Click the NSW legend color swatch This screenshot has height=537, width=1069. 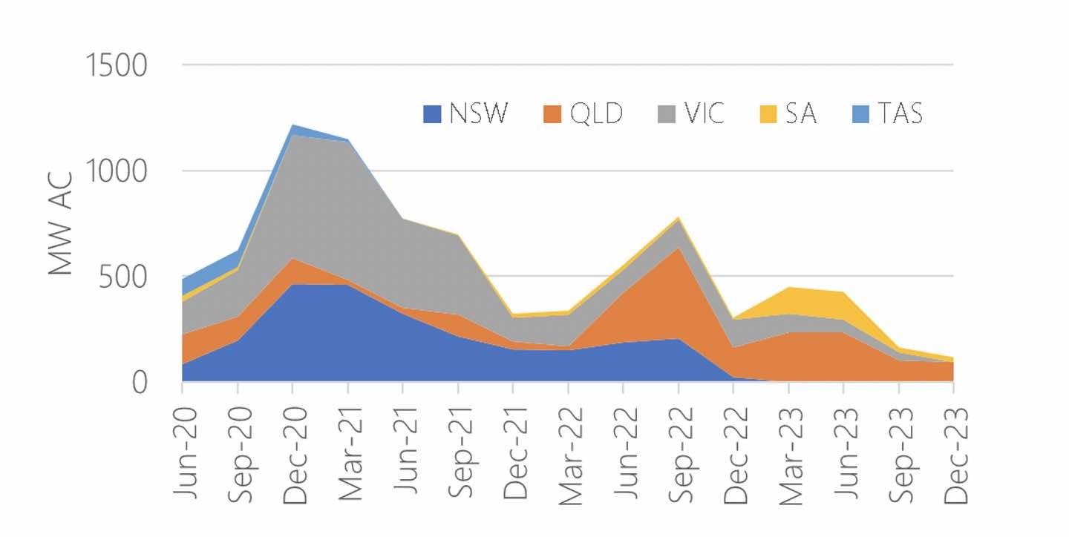coord(433,114)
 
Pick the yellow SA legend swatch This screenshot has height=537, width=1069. coord(768,114)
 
